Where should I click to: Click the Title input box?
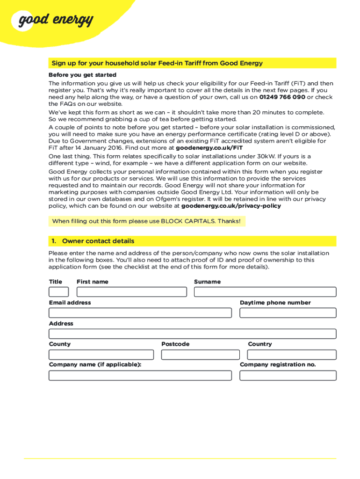58,292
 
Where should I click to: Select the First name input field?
131,292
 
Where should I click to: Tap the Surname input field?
265,292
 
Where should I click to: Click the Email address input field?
140,313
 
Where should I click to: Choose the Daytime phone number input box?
288,313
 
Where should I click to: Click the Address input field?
192,334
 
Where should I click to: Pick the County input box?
101,355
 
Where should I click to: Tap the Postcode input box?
200,355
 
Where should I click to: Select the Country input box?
292,355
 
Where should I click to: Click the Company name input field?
140,375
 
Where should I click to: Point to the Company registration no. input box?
288,375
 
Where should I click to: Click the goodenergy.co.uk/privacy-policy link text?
231,206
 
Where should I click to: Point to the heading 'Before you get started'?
82,75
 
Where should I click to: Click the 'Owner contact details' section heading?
98,241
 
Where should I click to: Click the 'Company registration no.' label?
278,364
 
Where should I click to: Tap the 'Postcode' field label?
175,344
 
